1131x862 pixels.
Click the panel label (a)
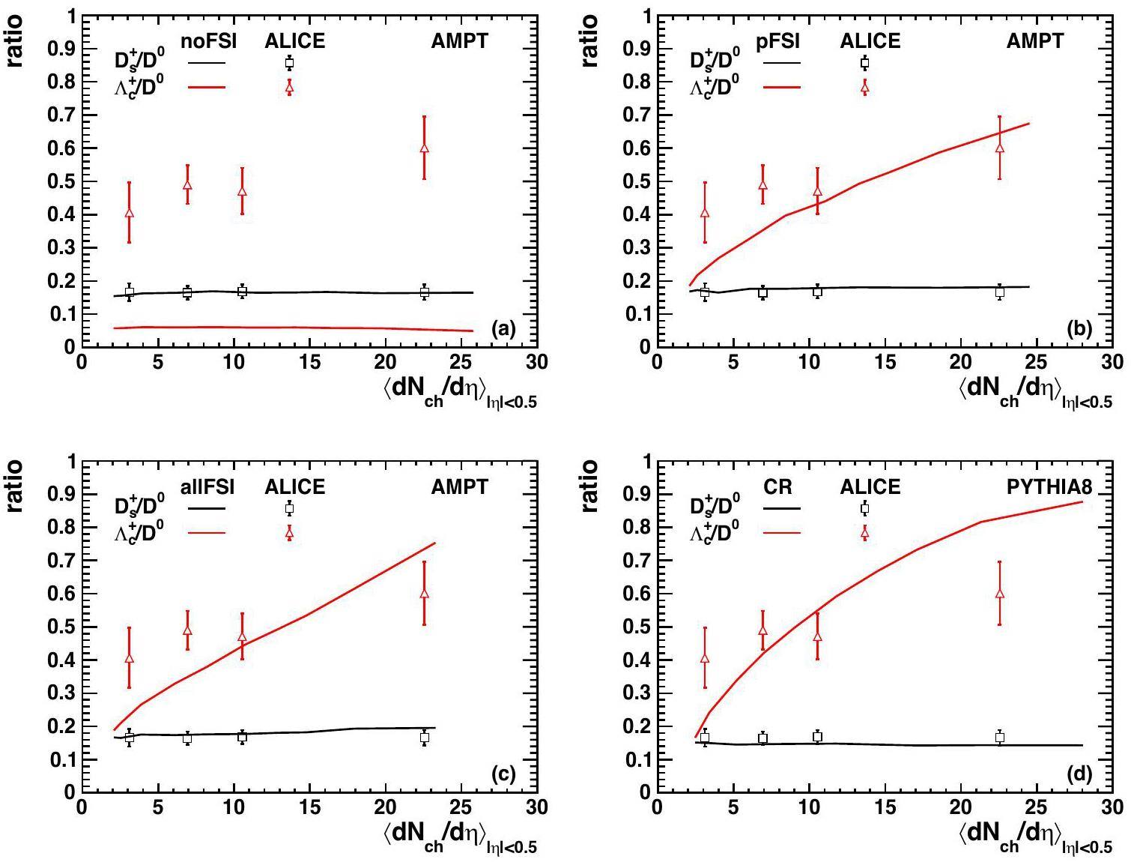[x=503, y=328]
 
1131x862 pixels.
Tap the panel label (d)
[x=1079, y=774]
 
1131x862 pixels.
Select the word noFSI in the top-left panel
[x=209, y=41]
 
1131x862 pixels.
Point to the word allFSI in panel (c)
[x=208, y=487]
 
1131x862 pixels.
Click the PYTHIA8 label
[x=1049, y=487]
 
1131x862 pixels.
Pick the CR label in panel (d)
[x=777, y=487]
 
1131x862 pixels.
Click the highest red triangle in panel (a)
[x=425, y=148]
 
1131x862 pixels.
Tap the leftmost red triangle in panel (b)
[x=704, y=213]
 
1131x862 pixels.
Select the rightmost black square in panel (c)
[x=425, y=738]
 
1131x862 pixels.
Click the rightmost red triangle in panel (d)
[x=1000, y=594]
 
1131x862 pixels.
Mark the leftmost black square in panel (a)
[x=129, y=292]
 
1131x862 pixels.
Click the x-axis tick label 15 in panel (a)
[x=309, y=363]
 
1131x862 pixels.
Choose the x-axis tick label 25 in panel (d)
[x=1037, y=808]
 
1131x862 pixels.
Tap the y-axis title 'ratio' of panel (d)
[x=590, y=486]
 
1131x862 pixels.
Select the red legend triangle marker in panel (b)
[x=865, y=88]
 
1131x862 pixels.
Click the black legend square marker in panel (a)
[x=290, y=63]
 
